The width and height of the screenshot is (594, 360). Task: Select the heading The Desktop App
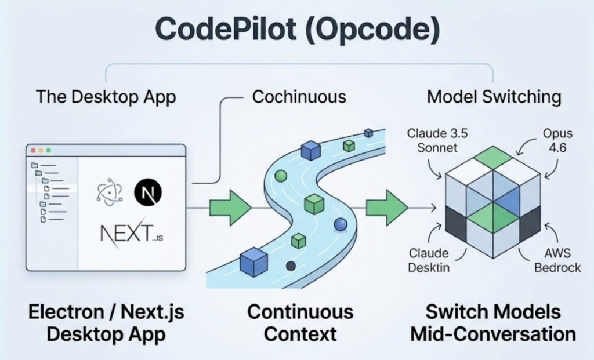pos(106,96)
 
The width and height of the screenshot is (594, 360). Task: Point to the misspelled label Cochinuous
pos(299,96)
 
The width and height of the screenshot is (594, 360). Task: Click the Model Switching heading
pos(494,96)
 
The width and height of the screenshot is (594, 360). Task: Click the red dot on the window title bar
pos(33,151)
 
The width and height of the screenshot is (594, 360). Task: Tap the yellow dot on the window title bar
pos(41,151)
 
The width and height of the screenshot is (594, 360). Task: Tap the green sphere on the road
pos(281,176)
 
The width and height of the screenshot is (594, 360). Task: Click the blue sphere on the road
pos(341,224)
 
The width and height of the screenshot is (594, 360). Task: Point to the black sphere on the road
pos(291,266)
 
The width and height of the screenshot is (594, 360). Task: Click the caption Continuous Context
pos(300,323)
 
